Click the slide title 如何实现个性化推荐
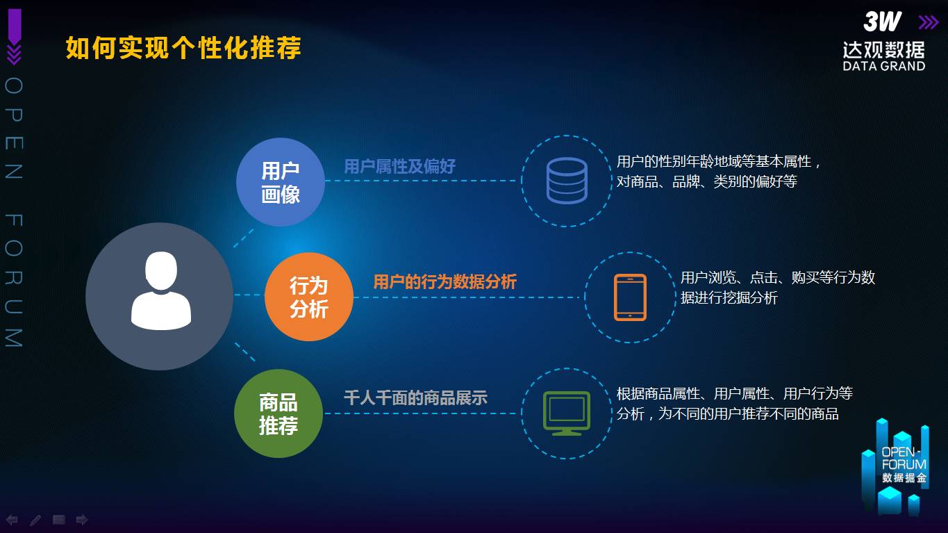pos(183,47)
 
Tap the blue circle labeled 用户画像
pos(280,181)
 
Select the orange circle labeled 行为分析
pos(309,297)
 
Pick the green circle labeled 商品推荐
pos(278,413)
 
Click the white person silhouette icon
pos(161,290)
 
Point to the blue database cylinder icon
pos(567,181)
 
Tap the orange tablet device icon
pos(630,297)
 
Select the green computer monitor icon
pos(567,413)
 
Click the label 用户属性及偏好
pos(399,166)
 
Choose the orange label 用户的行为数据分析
pos(444,281)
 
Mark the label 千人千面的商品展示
pos(415,398)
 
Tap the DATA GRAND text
pos(883,66)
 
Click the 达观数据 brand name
pos(883,50)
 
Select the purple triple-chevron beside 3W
pos(928,22)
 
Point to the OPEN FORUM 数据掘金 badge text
pos(904,465)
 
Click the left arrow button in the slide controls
pos(12,520)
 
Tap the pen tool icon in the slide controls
pos(35,520)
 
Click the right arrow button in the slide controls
pos(82,520)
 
